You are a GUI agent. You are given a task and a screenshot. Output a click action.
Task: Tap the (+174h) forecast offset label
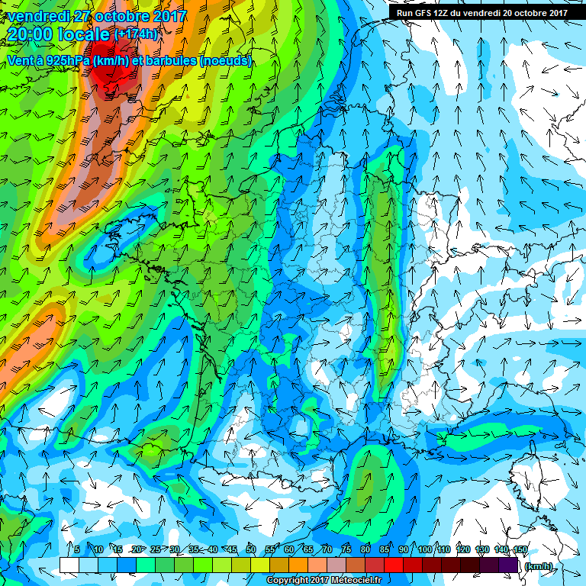pos(136,34)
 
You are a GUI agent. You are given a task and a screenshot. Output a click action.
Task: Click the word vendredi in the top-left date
pos(37,15)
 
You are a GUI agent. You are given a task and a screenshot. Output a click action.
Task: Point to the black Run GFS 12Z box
pos(481,12)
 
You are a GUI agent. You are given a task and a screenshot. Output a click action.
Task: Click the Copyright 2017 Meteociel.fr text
pos(328,581)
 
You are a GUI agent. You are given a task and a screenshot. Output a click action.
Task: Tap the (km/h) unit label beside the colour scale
pos(538,565)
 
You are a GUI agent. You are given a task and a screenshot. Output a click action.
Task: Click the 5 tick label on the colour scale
pos(77,549)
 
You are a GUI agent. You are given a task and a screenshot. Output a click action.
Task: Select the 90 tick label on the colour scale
pos(404,549)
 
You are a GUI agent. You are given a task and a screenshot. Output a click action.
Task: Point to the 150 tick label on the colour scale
pos(520,549)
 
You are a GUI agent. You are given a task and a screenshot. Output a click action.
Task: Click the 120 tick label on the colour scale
pos(462,549)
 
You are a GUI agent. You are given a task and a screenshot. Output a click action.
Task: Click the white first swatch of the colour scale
pos(69,565)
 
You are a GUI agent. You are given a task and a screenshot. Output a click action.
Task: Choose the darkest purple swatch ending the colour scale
pos(509,565)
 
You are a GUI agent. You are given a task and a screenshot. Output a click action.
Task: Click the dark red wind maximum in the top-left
pos(109,74)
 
